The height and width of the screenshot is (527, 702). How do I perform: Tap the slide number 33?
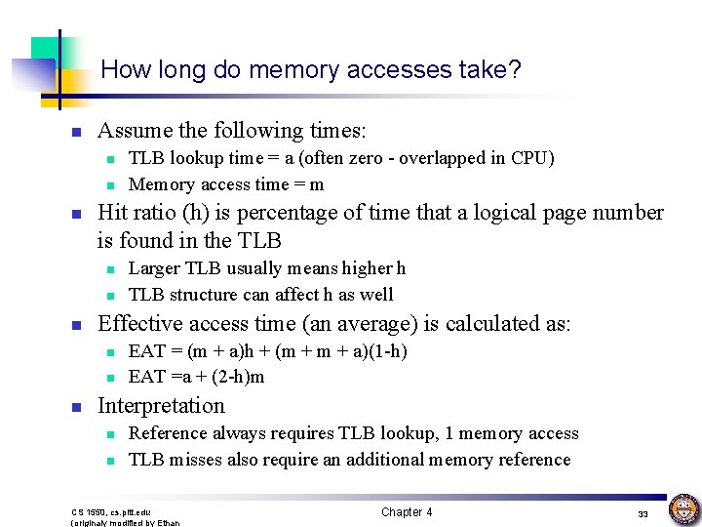[x=643, y=514]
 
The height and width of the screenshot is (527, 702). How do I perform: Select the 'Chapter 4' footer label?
[x=407, y=512]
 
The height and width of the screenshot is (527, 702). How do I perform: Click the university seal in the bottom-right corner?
[x=682, y=509]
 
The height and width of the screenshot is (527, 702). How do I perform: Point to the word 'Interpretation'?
[x=161, y=406]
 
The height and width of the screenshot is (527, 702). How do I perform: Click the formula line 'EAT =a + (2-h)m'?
[x=196, y=377]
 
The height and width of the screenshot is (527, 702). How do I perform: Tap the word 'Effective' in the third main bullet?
[x=137, y=323]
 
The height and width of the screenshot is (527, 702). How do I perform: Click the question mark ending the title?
[x=515, y=70]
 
